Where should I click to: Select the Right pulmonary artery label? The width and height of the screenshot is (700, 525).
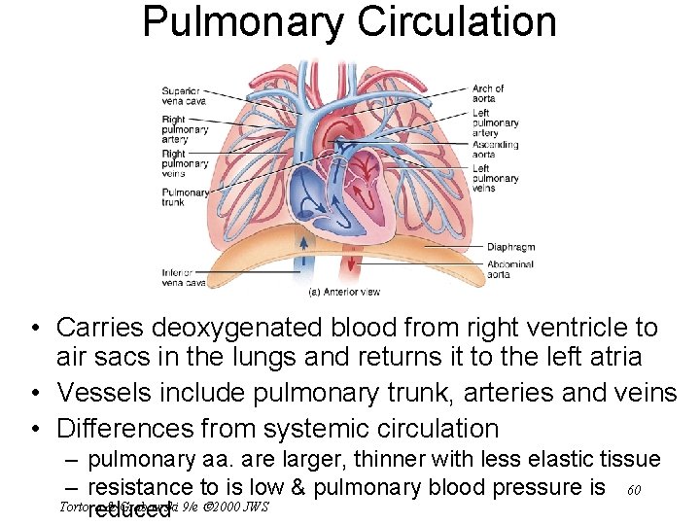coord(184,130)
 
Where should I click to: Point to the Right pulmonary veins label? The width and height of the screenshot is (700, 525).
coord(184,163)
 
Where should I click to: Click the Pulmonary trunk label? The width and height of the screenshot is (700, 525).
coord(186,197)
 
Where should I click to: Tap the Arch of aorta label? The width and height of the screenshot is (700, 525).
coord(488,93)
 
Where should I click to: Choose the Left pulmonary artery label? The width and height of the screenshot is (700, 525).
coord(495,123)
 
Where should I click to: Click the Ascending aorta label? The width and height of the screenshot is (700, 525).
coord(496,150)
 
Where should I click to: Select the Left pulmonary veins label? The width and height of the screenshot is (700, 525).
coord(495,178)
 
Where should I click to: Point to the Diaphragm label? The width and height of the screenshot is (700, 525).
coord(510,247)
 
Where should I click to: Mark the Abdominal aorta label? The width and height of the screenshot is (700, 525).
coord(509,269)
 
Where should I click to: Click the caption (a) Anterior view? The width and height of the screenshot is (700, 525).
coord(344,292)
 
